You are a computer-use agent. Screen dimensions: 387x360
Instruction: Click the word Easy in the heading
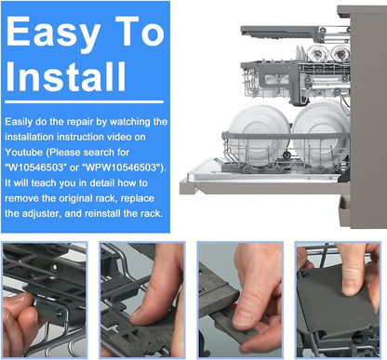[54, 33]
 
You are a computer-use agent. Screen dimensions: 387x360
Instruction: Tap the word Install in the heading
[66, 76]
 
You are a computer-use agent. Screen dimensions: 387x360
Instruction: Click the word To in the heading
[140, 31]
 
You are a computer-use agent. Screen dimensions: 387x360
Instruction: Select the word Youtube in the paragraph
[23, 153]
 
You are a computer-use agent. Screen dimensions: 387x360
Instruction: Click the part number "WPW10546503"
[124, 167]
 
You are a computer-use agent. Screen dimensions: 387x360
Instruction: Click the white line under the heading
[84, 102]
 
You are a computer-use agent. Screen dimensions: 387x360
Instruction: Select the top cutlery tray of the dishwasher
[296, 33]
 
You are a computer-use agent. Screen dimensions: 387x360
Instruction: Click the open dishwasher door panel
[263, 179]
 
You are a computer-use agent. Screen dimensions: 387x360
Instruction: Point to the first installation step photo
[45, 300]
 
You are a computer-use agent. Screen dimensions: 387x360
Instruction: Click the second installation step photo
[142, 300]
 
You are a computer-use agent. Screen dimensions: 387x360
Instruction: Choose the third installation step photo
[240, 300]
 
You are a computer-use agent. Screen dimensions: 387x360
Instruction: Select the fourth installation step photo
[338, 300]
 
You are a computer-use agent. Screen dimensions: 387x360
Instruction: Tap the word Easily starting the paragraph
[19, 122]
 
